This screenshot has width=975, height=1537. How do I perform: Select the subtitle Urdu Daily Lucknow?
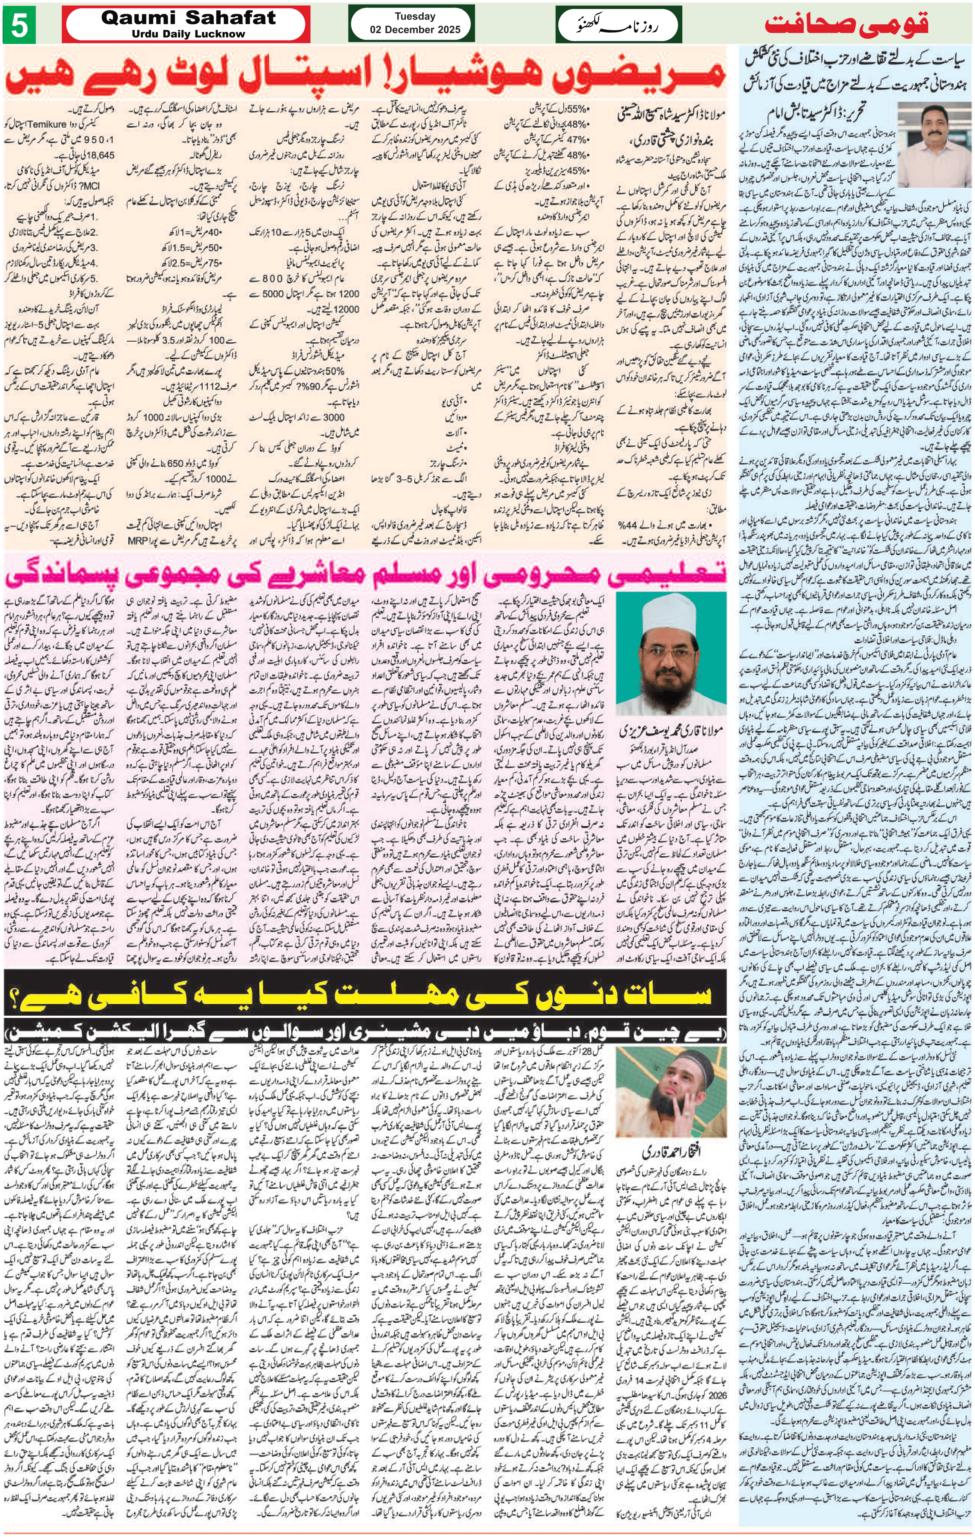click(188, 34)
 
